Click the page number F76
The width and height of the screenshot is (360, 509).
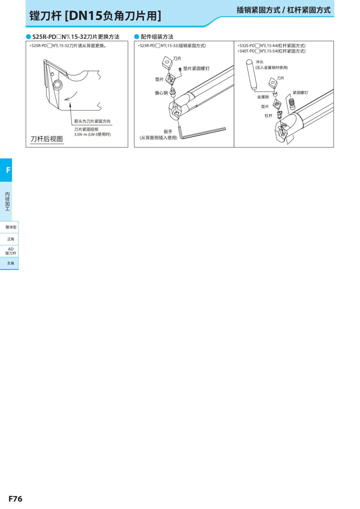click(x=16, y=499)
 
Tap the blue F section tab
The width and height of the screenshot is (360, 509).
click(x=6, y=170)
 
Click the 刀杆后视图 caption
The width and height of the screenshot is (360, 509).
click(x=46, y=139)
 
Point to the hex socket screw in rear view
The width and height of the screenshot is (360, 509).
click(x=58, y=85)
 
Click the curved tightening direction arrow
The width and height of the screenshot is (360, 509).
click(x=71, y=96)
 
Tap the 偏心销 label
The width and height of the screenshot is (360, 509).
click(x=161, y=93)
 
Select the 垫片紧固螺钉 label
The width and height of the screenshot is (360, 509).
click(x=196, y=68)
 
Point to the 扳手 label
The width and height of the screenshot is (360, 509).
click(x=168, y=132)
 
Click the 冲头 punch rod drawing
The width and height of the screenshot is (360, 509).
click(x=251, y=74)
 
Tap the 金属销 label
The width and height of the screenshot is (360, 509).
click(x=263, y=97)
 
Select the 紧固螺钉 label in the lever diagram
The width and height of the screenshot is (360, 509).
click(x=300, y=92)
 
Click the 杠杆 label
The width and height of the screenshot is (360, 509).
click(x=268, y=116)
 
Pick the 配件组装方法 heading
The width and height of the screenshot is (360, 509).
click(x=157, y=37)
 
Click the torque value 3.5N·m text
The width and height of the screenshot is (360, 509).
click(x=92, y=134)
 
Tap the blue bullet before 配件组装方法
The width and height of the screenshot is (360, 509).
click(x=136, y=37)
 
